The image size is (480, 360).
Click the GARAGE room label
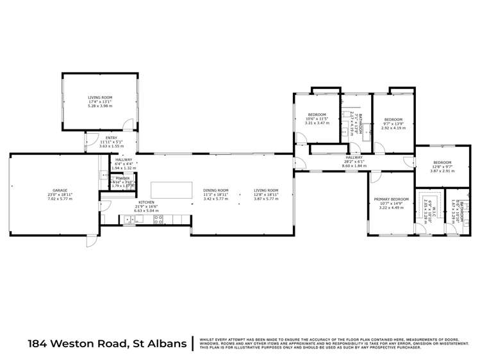tap(62, 190)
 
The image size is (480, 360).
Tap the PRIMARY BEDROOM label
tap(392, 200)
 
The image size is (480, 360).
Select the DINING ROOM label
tap(215, 190)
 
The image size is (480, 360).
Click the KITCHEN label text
tap(145, 202)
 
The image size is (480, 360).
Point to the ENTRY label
tap(111, 137)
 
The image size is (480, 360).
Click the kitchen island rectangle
tap(172, 190)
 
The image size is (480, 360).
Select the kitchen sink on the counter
tap(129, 220)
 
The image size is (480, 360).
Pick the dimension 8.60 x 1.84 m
tap(354, 166)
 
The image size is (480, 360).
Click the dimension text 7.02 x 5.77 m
tap(62, 199)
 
